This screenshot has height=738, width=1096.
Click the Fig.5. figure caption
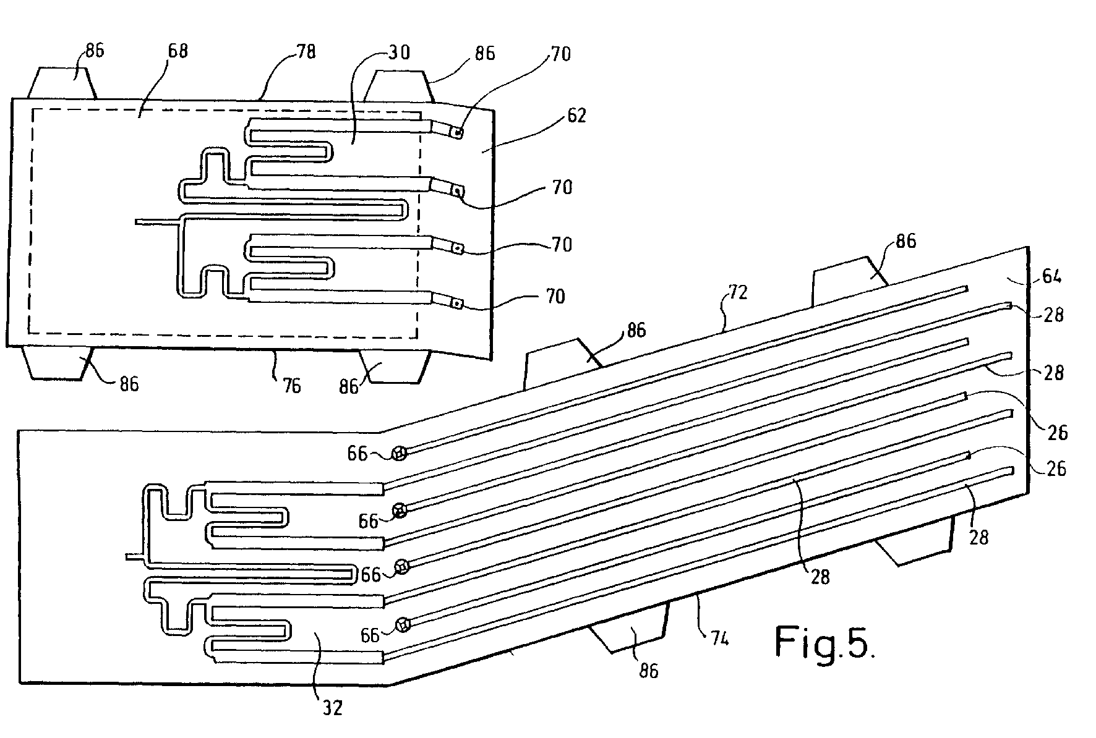tap(824, 643)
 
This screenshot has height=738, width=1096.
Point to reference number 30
tap(398, 53)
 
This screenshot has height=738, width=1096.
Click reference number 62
tap(576, 116)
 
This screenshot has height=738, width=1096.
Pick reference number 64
tap(1051, 276)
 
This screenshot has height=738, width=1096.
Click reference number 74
tap(718, 637)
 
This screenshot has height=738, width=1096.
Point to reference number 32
tap(333, 707)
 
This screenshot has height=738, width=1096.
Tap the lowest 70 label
tap(555, 297)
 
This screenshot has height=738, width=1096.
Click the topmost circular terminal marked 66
tap(400, 454)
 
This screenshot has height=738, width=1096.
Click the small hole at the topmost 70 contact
tap(458, 132)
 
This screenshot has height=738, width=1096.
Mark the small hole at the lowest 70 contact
tap(456, 303)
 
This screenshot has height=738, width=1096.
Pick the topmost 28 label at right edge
tap(1053, 315)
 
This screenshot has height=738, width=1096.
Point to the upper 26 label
tap(1057, 433)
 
